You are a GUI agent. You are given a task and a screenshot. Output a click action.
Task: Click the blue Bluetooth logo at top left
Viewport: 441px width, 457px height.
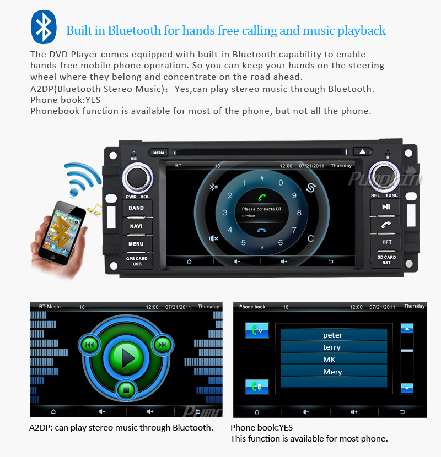(x=44, y=27)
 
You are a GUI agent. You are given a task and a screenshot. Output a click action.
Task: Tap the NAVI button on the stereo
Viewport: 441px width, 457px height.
(x=136, y=226)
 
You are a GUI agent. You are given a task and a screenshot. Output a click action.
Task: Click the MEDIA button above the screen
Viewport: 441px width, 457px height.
(x=159, y=153)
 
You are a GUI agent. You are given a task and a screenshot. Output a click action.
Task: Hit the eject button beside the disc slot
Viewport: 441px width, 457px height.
(x=363, y=151)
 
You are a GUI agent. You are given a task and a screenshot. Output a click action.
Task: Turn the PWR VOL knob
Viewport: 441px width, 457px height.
(x=137, y=177)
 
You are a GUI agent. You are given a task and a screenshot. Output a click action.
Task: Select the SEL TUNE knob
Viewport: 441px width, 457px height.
(x=384, y=176)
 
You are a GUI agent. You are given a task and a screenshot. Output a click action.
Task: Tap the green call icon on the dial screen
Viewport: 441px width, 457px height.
(x=262, y=197)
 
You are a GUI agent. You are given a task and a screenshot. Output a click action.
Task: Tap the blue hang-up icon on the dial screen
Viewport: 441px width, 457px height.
(x=262, y=230)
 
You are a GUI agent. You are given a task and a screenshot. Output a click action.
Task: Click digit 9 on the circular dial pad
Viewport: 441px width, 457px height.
(x=294, y=195)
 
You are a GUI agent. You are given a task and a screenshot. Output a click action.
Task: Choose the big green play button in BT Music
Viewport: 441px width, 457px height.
(x=126, y=357)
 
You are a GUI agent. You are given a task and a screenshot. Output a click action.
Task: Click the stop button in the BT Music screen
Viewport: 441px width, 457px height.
(x=126, y=389)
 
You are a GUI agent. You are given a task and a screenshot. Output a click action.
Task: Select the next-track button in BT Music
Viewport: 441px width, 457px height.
(x=163, y=345)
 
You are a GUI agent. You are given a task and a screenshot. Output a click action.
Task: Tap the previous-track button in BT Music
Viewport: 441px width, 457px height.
(x=89, y=345)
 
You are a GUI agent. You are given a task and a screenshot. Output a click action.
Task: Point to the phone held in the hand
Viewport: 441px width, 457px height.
(x=62, y=233)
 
